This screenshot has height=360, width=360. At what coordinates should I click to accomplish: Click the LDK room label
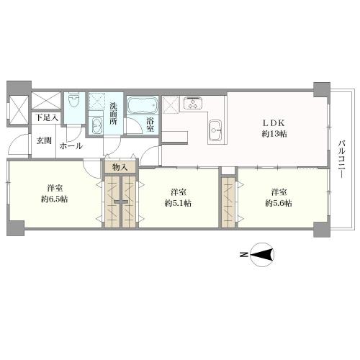click(274, 122)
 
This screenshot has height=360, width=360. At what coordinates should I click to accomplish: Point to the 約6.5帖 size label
click(55, 199)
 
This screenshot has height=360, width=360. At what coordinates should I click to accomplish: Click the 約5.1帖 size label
click(177, 204)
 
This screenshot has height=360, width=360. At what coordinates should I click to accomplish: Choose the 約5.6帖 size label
click(278, 204)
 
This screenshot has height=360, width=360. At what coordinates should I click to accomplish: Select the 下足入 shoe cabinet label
click(47, 117)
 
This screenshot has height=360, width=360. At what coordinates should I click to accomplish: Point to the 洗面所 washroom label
click(114, 114)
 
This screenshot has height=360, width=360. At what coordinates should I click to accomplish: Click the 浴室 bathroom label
click(150, 124)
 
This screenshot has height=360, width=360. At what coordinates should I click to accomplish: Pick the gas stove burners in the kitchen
click(194, 103)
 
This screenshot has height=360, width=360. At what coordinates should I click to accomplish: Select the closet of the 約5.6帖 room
click(228, 202)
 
